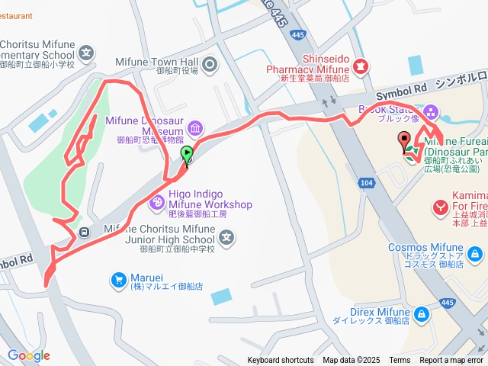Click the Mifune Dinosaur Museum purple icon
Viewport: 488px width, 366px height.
pos(195,127)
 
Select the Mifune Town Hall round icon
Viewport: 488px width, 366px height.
pos(211,64)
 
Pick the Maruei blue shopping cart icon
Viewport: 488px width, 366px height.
pos(118,281)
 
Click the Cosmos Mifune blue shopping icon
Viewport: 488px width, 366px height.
pos(474,253)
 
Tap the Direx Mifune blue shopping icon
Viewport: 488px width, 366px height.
pos(421,313)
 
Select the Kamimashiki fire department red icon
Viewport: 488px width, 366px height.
pos(440,206)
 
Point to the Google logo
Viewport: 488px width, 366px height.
pos(28,355)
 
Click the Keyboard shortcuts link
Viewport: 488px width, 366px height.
pos(280,361)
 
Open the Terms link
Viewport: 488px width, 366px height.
pos(400,361)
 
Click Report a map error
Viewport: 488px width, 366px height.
pos(451,361)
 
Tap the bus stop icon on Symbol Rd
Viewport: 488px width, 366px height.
pos(84,232)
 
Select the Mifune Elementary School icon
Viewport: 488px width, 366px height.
pos(86,54)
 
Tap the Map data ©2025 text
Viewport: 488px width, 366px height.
pos(351,361)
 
